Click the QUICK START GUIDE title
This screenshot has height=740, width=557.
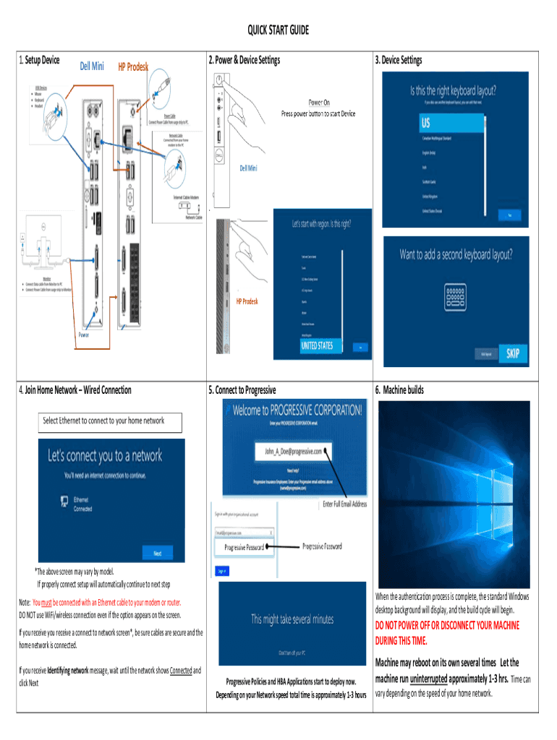(278, 30)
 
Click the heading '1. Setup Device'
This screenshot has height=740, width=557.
(38, 59)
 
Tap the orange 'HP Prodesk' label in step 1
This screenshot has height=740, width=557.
(133, 67)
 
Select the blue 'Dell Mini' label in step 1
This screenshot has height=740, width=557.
(92, 66)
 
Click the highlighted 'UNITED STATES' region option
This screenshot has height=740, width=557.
(318, 346)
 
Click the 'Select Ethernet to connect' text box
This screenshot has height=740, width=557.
(111, 421)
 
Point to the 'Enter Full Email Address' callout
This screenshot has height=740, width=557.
(344, 504)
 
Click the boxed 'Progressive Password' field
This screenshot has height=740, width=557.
(244, 548)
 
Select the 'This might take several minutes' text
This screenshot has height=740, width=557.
(292, 619)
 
